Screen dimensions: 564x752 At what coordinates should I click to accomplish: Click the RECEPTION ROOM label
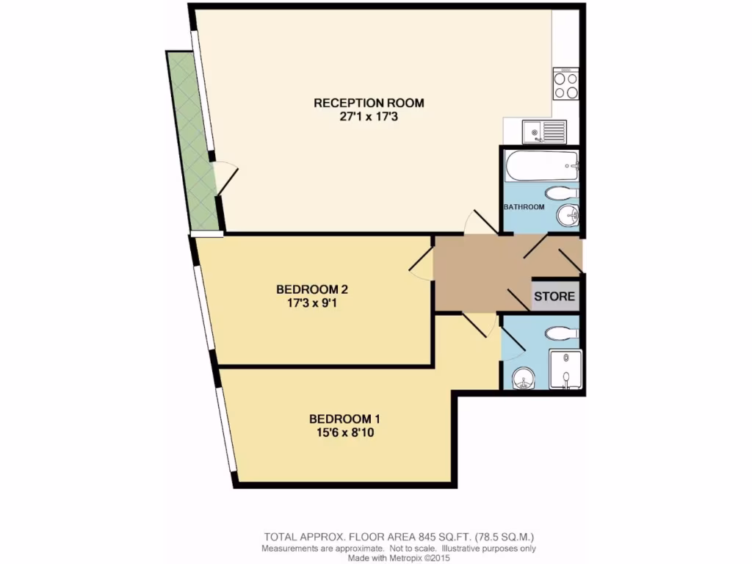click(369, 103)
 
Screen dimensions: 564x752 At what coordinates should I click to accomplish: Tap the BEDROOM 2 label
click(307, 289)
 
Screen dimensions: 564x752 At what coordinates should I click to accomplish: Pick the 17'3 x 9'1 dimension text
click(307, 302)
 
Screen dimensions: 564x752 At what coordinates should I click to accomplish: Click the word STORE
click(554, 297)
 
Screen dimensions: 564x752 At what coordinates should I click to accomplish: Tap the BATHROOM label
click(524, 207)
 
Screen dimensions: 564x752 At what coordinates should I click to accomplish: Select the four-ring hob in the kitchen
click(565, 84)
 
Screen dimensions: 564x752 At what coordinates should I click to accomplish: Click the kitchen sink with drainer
click(544, 132)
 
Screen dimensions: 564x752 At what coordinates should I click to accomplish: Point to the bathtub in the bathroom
click(541, 167)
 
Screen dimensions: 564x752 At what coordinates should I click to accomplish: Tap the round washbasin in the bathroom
click(567, 216)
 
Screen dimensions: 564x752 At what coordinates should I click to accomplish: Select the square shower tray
click(565, 369)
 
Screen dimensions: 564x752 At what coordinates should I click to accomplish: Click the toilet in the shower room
click(562, 333)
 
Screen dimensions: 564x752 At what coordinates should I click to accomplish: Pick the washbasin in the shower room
click(523, 378)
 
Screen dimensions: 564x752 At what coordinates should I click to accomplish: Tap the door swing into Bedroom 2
click(422, 264)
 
